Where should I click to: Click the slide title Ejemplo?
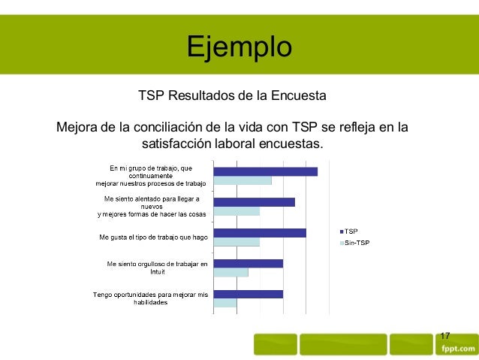click(x=239, y=47)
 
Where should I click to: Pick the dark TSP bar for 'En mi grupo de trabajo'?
click(x=265, y=171)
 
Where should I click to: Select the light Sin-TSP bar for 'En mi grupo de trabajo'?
click(x=243, y=181)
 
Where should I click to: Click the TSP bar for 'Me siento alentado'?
click(x=254, y=202)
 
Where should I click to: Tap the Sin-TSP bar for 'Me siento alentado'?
click(x=236, y=211)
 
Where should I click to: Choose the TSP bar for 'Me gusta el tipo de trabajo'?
click(x=260, y=232)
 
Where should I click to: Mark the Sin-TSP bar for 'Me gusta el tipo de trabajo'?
click(x=236, y=242)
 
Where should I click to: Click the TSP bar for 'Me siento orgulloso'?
click(x=248, y=263)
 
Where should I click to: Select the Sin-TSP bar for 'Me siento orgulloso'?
click(x=230, y=272)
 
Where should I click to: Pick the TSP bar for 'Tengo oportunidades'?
click(x=248, y=294)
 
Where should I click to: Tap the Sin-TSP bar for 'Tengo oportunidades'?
click(x=225, y=303)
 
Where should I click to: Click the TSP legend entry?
click(x=350, y=231)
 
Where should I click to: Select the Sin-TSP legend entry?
click(x=355, y=244)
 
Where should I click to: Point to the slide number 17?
click(x=445, y=335)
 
